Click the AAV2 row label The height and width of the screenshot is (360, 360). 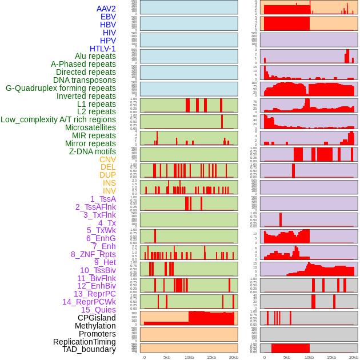pos(106,9)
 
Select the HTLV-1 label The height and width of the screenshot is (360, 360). pos(103,49)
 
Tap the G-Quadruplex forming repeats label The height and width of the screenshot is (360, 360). pos(61,88)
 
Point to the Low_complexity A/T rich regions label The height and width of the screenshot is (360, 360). pos(58,119)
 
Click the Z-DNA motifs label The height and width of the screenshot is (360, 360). pos(93,151)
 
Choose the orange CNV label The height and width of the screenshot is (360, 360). pos(107,159)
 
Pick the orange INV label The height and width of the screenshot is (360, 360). pos(109,191)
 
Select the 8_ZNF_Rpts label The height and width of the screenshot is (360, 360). pos(93,254)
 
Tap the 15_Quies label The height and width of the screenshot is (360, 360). pos(98,310)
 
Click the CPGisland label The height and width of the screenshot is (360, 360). pos(97,318)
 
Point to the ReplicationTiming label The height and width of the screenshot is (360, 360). pos(84,342)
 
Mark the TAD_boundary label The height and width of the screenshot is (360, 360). pos(89,349)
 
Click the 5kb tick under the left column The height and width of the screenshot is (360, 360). pos(167,357)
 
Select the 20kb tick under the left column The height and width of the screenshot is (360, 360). pos(234,357)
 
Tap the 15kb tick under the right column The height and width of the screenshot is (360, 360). pos(331,357)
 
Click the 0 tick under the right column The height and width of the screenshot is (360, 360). pos(264,357)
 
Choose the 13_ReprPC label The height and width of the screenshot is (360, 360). pos(94,294)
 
